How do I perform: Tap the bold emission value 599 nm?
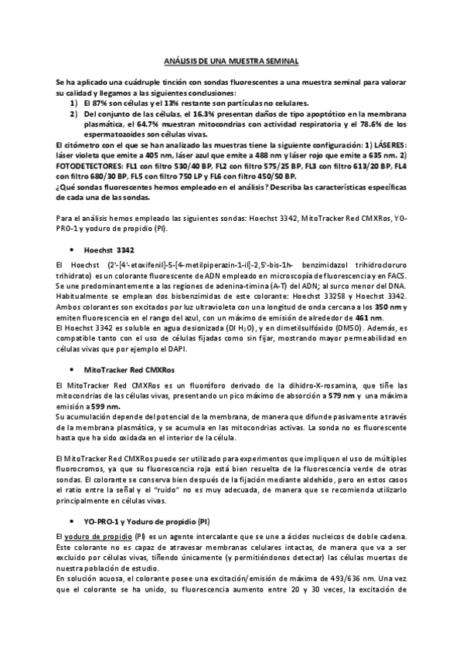coord(104,406)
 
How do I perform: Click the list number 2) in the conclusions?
coord(73,114)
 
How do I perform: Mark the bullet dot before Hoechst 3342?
coord(72,249)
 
